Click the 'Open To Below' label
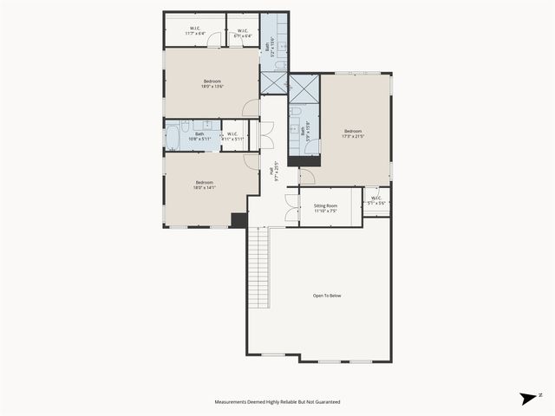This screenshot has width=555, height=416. (327, 296)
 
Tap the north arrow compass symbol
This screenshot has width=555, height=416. (528, 399)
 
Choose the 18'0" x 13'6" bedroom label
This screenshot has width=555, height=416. (212, 83)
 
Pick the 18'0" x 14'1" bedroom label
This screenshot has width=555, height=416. (205, 184)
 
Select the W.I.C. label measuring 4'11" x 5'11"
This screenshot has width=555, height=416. (232, 136)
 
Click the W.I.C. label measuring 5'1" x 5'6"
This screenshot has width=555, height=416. (375, 200)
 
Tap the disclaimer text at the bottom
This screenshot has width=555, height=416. (277, 402)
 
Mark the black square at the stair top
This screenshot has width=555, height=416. (238, 220)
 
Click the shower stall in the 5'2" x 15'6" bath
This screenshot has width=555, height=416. (273, 82)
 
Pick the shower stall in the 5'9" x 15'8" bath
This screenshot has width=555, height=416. (304, 89)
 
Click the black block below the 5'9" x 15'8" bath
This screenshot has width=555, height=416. (304, 160)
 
